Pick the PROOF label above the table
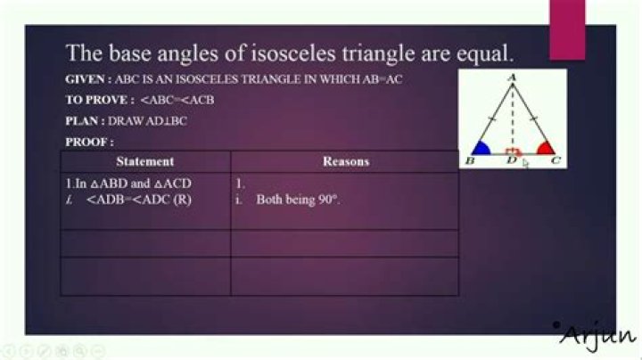(89, 143)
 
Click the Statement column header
(145, 161)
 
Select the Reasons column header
(346, 161)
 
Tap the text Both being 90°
(298, 200)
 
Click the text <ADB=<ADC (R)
(139, 200)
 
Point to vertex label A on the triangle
(512, 78)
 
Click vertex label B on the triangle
(470, 160)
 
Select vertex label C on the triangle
(556, 160)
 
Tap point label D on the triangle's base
(512, 160)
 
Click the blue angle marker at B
(481, 148)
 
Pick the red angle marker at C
(546, 148)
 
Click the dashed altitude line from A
(512, 119)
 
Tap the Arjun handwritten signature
(595, 335)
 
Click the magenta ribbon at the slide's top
(567, 30)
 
